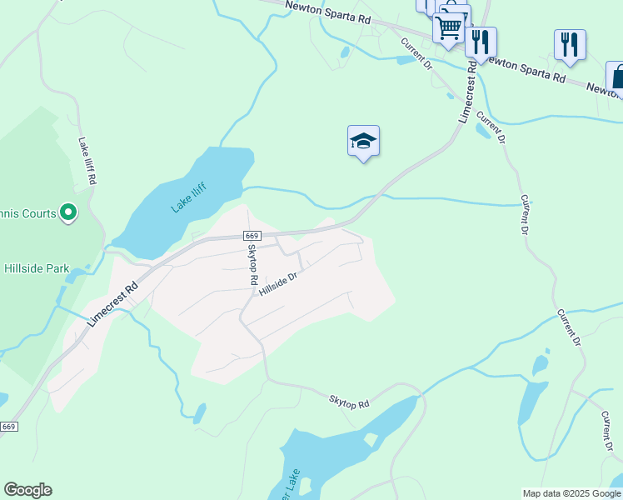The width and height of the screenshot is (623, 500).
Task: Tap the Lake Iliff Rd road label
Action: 87,161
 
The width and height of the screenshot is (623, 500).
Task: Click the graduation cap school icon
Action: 363,141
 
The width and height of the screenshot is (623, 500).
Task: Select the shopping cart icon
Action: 448,27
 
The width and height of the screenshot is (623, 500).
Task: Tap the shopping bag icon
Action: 617,77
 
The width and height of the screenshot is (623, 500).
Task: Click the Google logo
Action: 27,490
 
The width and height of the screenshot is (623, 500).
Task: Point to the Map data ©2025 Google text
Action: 571,493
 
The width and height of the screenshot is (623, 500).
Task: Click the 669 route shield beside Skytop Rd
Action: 254,237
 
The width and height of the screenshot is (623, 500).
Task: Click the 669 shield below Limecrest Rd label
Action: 8,427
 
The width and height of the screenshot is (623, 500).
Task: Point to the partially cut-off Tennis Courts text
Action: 27,214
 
